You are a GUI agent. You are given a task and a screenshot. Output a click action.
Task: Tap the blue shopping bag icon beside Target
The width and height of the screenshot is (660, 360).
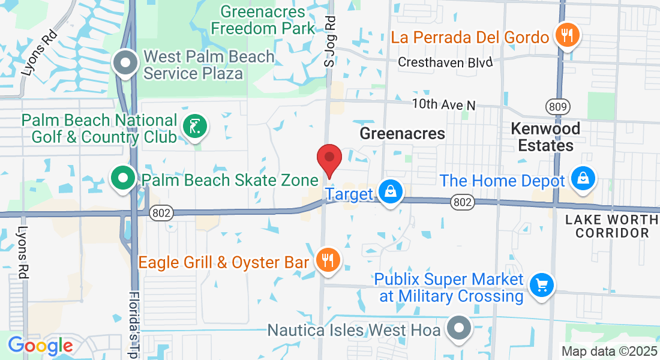(391, 193)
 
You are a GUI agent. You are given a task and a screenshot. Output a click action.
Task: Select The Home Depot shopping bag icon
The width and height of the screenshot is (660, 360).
(583, 179)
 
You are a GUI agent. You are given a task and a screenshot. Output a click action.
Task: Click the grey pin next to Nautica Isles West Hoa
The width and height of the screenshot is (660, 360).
(460, 329)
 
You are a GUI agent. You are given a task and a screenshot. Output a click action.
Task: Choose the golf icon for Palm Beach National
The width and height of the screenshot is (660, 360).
(195, 127)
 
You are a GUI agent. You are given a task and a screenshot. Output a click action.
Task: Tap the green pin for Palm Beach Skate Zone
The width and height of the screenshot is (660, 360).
(123, 178)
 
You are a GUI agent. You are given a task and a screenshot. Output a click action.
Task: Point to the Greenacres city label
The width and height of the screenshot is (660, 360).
(402, 133)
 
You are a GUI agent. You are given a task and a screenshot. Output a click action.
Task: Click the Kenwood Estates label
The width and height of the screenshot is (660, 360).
(545, 137)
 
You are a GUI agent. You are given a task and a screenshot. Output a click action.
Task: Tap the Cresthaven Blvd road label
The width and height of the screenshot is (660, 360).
(445, 62)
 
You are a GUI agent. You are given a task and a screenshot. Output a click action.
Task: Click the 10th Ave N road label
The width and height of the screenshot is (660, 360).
(443, 104)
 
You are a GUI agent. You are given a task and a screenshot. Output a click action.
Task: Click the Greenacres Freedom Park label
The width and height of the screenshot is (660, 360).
(262, 20)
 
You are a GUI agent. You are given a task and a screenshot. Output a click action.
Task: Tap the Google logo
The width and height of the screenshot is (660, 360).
(40, 345)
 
